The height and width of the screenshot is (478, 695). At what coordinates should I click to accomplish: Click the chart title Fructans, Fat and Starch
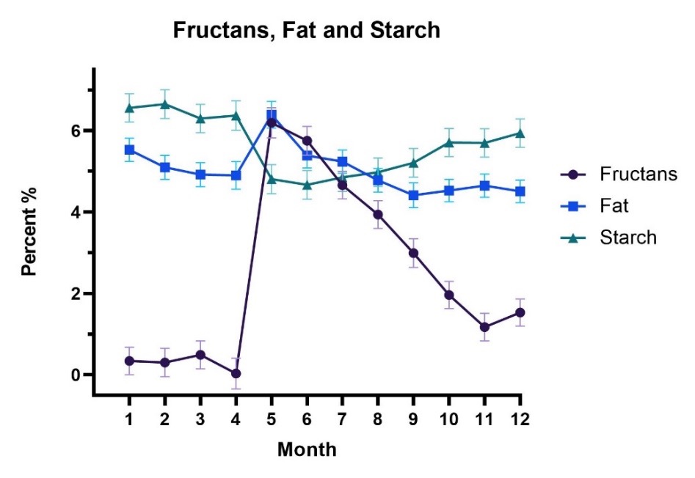[x=305, y=31]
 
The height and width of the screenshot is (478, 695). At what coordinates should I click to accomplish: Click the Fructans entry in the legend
[x=636, y=174]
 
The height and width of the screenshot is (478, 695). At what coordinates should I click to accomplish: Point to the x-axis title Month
[x=307, y=449]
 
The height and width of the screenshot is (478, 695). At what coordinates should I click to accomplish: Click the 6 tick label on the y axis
[x=76, y=131]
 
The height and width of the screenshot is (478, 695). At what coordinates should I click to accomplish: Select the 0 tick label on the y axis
[x=76, y=375]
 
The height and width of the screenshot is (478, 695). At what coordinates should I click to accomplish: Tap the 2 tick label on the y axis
[x=76, y=293]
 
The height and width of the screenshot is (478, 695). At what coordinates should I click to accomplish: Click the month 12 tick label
[x=520, y=419]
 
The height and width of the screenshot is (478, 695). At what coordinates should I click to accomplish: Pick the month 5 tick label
[x=272, y=419]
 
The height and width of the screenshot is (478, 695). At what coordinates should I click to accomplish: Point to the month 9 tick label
[x=413, y=419]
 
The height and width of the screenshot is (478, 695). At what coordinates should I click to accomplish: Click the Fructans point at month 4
[x=236, y=373]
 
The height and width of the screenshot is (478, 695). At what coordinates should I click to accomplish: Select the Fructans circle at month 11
[x=484, y=327]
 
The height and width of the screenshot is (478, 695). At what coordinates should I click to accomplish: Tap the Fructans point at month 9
[x=413, y=253]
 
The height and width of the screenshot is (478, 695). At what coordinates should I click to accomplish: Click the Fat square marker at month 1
[x=129, y=150]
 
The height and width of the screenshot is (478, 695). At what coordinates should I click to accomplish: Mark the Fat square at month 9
[x=413, y=195]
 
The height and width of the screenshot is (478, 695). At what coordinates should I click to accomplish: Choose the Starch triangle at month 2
[x=164, y=104]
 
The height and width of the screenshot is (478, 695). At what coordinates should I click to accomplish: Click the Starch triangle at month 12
[x=520, y=133]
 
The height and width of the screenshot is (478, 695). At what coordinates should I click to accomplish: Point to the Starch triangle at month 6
[x=307, y=185]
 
